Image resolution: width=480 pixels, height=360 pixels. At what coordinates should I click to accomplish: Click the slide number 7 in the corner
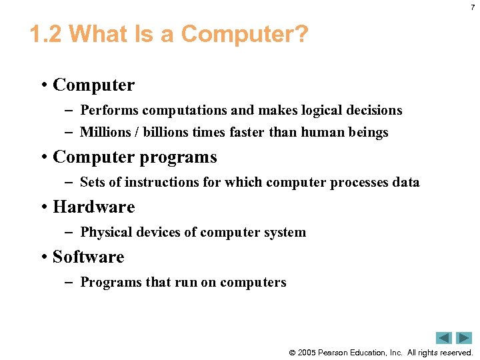tap(472, 7)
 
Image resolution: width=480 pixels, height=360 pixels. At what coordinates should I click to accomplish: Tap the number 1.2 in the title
tap(46, 34)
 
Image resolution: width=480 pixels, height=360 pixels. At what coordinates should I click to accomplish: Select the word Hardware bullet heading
tap(93, 207)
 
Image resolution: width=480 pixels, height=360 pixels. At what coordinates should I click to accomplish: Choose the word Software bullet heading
tap(88, 257)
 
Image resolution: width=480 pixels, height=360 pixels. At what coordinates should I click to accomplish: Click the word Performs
tap(109, 110)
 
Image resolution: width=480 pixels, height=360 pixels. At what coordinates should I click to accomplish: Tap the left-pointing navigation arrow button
tap(444, 338)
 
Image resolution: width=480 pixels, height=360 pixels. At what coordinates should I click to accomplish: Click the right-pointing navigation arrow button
tap(463, 338)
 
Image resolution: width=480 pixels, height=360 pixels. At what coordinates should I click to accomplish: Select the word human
tap(322, 133)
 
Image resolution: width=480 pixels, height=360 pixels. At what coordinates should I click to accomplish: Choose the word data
tap(406, 182)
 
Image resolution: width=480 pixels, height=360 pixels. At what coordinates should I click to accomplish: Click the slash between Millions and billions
tap(136, 133)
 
